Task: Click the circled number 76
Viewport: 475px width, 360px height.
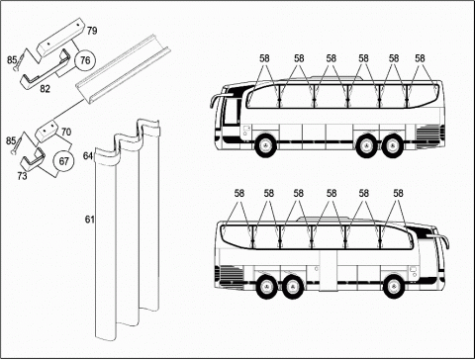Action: point(85,60)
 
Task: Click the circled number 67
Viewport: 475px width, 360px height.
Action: point(63,161)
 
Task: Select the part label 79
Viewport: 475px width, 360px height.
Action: point(92,31)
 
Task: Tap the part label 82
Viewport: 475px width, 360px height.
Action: point(46,88)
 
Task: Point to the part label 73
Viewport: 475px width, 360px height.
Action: point(22,176)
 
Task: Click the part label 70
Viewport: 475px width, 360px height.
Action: point(66,132)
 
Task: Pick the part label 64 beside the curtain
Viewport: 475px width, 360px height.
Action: point(88,155)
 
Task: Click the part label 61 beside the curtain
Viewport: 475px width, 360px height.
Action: point(90,220)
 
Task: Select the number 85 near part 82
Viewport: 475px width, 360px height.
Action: point(12,60)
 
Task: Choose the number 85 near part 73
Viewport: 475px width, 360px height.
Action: point(11,140)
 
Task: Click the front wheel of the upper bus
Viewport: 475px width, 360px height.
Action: point(265,145)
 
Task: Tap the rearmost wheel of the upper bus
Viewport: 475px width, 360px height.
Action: point(393,145)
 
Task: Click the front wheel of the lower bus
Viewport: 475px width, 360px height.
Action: point(393,286)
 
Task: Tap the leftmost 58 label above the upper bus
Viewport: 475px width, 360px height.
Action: point(264,58)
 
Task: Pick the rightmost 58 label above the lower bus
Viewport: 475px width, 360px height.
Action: point(398,193)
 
